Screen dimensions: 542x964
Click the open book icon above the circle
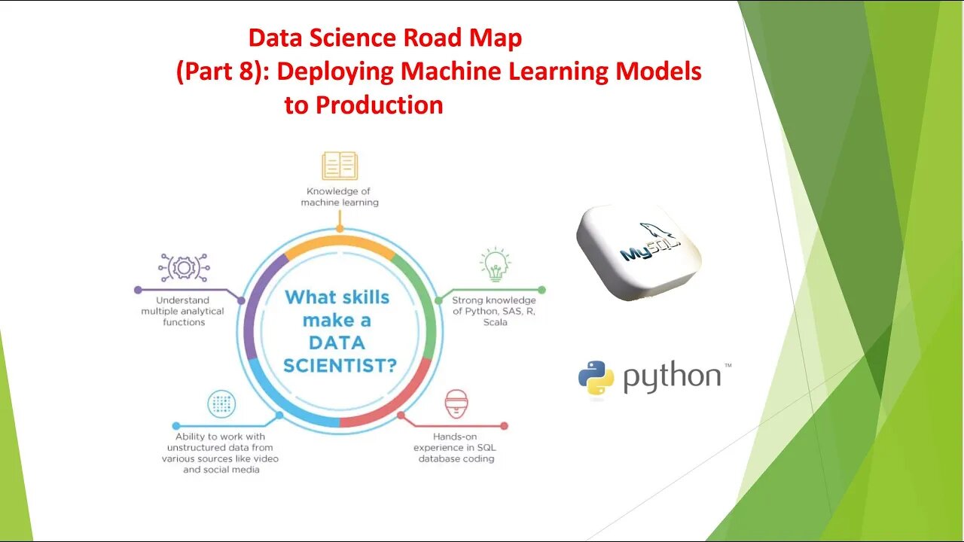pos(340,166)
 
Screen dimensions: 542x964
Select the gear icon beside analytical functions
pos(184,267)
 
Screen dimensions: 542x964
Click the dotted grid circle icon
pos(221,405)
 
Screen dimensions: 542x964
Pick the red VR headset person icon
pos(456,404)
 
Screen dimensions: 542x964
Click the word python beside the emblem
pos(672,377)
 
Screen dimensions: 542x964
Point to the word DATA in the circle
pos(337,343)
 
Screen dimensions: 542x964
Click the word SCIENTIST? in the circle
pos(340,365)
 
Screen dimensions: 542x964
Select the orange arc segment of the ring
pos(340,243)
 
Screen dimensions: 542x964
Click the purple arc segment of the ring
pos(252,316)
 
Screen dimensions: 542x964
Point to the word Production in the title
pos(379,105)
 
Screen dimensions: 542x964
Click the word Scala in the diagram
pos(495,322)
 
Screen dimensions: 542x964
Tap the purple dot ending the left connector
pos(138,289)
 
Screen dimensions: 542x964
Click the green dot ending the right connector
pos(541,289)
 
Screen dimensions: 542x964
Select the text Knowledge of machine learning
pos(340,197)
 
